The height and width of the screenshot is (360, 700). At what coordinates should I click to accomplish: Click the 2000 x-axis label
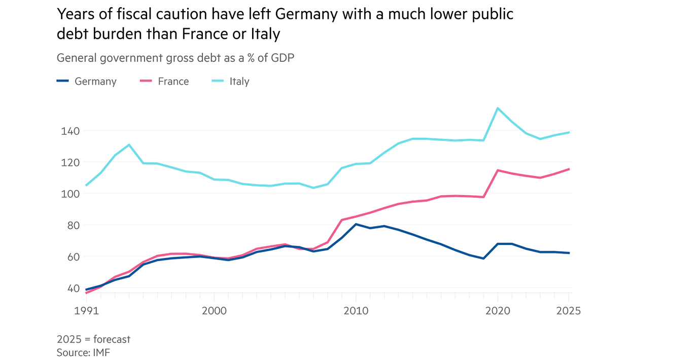tap(214, 311)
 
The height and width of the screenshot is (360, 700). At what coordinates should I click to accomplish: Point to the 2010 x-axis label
tap(356, 311)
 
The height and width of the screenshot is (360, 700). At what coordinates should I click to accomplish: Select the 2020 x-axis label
tap(498, 311)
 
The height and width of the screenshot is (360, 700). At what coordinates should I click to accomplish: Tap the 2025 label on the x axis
tap(568, 311)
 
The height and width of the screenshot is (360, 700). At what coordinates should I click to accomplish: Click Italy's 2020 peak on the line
tap(498, 108)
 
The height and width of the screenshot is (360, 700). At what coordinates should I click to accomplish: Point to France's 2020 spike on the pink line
tap(498, 170)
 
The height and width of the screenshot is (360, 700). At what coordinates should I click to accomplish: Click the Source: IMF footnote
tap(83, 352)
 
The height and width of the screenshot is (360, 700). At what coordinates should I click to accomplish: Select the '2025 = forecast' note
tap(93, 339)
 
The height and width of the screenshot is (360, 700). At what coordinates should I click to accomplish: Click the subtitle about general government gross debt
tap(176, 58)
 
